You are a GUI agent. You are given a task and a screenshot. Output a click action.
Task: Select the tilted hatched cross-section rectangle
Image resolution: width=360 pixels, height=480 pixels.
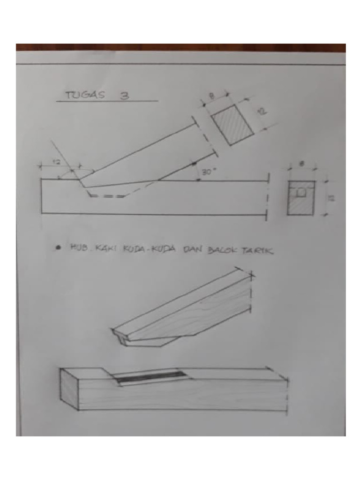point(232,124)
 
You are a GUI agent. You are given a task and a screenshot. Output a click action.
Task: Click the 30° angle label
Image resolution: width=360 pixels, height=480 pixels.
point(208,172)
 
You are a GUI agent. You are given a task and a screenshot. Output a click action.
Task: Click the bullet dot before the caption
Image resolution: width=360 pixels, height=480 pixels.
point(58,248)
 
